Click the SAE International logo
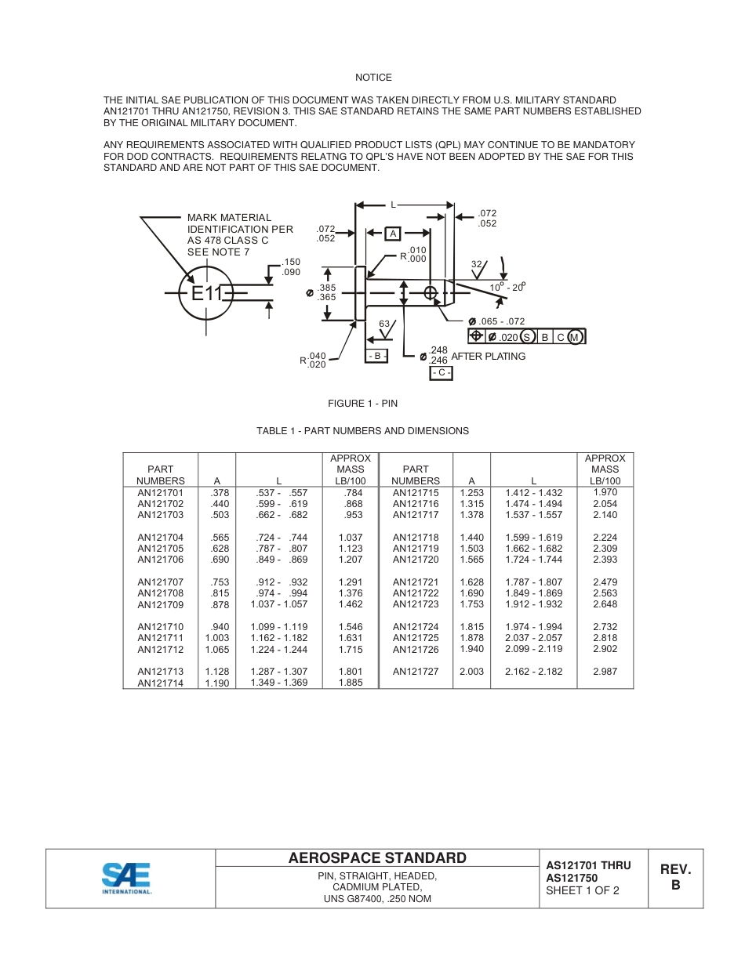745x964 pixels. pyautogui.click(x=126, y=878)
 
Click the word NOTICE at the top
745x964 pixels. pyautogui.click(x=373, y=78)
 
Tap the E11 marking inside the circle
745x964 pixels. pyautogui.click(x=208, y=294)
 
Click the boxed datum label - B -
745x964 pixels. pyautogui.click(x=376, y=356)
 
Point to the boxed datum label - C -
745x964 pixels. pyautogui.click(x=441, y=373)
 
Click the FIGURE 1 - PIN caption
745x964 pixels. pyautogui.click(x=362, y=404)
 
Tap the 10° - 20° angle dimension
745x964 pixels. pyautogui.click(x=507, y=287)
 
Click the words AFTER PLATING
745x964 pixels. pyautogui.click(x=488, y=357)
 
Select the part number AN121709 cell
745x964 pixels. pyautogui.click(x=160, y=604)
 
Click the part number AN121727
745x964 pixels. pyautogui.click(x=415, y=672)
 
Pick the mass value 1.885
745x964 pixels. pyautogui.click(x=350, y=683)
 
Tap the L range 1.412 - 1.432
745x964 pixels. pyautogui.click(x=533, y=493)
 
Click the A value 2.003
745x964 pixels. pyautogui.click(x=471, y=672)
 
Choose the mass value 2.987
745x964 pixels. pyautogui.click(x=605, y=672)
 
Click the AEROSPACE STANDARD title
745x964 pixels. pyautogui.click(x=377, y=858)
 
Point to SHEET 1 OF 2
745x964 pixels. pyautogui.click(x=583, y=890)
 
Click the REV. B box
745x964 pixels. pyautogui.click(x=675, y=878)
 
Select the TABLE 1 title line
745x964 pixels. pyautogui.click(x=362, y=431)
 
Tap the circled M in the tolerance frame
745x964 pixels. pyautogui.click(x=575, y=337)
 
